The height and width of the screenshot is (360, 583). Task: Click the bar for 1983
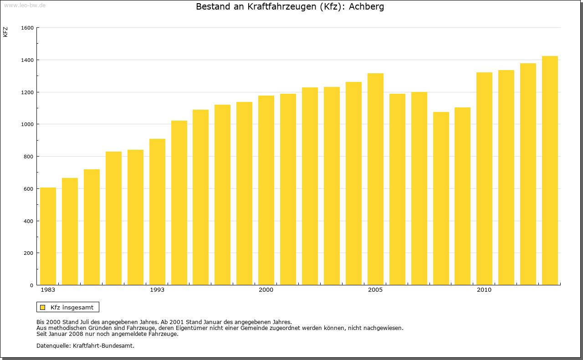tap(48, 236)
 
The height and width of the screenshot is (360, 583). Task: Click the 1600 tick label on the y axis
tap(27, 28)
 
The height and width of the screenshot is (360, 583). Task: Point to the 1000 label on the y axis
tap(27, 124)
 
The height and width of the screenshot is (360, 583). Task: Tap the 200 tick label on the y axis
tap(29, 253)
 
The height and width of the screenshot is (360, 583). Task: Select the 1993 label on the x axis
tap(157, 290)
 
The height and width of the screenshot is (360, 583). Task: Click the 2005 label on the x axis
tap(375, 290)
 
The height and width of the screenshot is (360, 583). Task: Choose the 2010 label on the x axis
tap(484, 290)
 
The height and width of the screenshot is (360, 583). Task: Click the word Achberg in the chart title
tap(366, 7)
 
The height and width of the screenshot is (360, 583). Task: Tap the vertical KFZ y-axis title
tap(5, 32)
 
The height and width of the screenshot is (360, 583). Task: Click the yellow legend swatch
tap(43, 307)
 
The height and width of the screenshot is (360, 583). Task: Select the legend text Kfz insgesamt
tap(72, 307)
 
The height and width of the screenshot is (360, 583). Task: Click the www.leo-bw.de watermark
tap(25, 5)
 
